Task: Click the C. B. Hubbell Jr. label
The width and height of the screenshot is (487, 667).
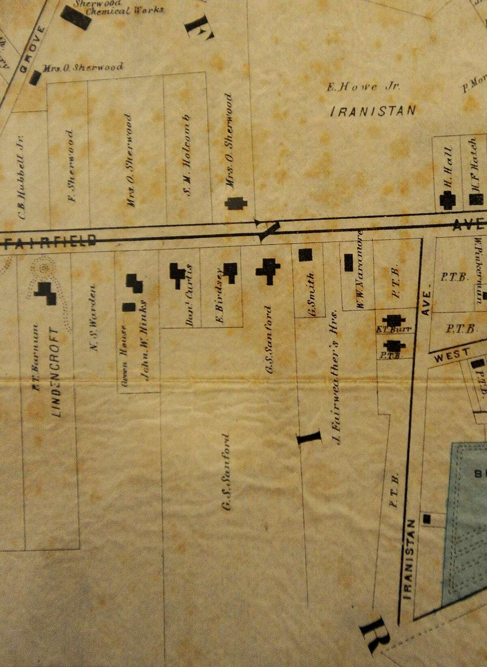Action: [22, 177]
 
